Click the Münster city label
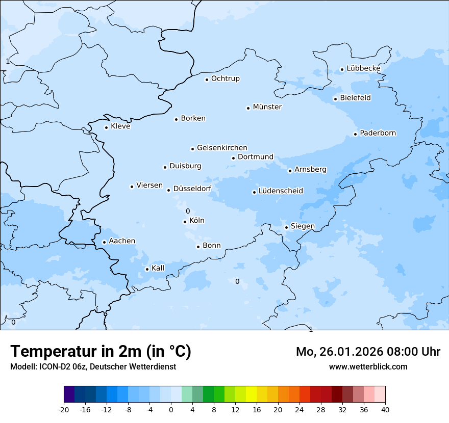click(267, 107)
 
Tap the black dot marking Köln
click(185, 222)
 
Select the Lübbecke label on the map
click(363, 68)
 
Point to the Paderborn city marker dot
click(355, 134)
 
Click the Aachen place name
click(122, 241)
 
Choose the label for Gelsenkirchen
click(222, 148)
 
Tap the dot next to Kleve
click(106, 127)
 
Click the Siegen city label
click(303, 226)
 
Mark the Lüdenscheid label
click(281, 191)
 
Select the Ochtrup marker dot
click(207, 79)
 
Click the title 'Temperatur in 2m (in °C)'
click(101, 352)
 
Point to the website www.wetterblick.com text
click(368, 367)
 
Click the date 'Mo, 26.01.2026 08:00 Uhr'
click(368, 352)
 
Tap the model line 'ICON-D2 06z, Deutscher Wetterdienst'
click(93, 367)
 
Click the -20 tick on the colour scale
click(64, 410)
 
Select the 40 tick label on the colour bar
click(385, 410)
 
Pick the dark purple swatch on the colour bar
click(69, 395)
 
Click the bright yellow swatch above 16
click(251, 395)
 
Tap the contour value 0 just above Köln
click(187, 211)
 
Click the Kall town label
click(158, 268)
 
